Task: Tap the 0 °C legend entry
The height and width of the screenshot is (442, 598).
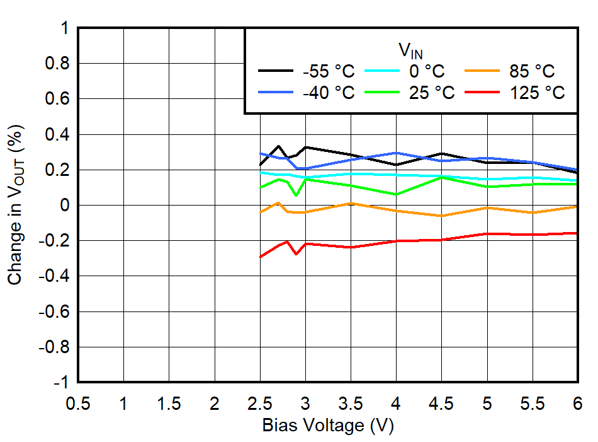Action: pos(434,71)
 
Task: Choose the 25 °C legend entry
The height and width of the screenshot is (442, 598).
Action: pos(432,93)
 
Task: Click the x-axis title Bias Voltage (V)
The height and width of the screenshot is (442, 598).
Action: pos(327,426)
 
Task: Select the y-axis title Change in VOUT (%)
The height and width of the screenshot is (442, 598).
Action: pos(17,205)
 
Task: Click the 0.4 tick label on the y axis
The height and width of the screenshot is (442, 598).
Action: pos(57,135)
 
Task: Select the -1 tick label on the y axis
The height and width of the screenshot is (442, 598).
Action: pos(62,383)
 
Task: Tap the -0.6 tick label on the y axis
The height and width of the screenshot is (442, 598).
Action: pos(55,312)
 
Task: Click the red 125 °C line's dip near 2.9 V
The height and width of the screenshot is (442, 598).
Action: pos(296,254)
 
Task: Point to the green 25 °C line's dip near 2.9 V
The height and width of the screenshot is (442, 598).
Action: pos(296,195)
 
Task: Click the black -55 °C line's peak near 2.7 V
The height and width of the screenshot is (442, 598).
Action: pos(278,146)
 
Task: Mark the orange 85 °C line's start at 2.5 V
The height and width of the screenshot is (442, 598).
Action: pos(261,212)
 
